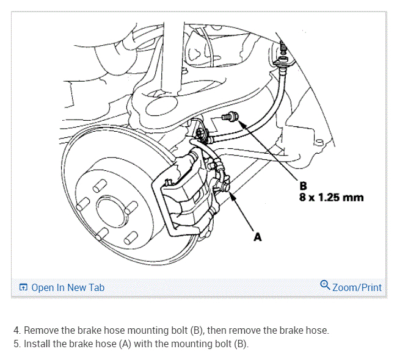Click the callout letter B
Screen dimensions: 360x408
(x=304, y=185)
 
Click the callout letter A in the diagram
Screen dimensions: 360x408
(x=257, y=237)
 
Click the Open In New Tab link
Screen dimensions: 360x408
(x=67, y=287)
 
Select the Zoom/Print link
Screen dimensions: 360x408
(x=357, y=287)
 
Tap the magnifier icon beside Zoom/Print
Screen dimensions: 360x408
(x=325, y=286)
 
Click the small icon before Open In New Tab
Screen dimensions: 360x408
(x=23, y=287)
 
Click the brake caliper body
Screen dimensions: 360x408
(x=183, y=189)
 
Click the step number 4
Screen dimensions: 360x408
(x=17, y=331)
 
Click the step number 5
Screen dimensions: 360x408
(x=17, y=344)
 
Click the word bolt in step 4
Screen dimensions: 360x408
(x=176, y=331)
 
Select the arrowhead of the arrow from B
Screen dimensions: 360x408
(x=240, y=123)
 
